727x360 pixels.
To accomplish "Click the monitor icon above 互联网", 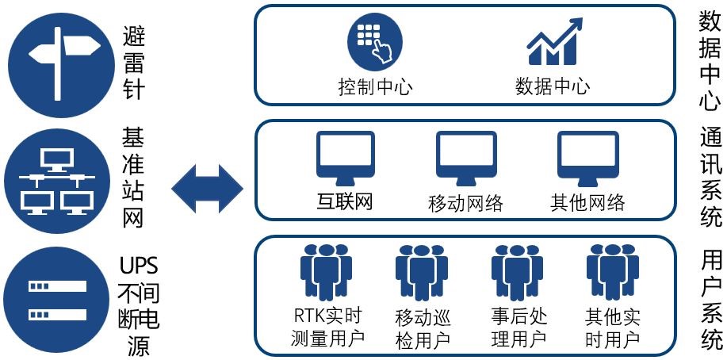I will [x=346, y=157].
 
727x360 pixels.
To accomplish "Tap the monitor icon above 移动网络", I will [x=465, y=157].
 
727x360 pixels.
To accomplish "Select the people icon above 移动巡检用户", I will [x=421, y=270].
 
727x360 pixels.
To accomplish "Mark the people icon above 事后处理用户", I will [x=518, y=270].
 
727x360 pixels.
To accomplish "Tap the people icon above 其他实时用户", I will [x=612, y=270].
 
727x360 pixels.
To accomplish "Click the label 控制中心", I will [x=375, y=86].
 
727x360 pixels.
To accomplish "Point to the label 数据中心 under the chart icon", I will [x=552, y=86].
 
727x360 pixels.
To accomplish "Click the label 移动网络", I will [x=465, y=203].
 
